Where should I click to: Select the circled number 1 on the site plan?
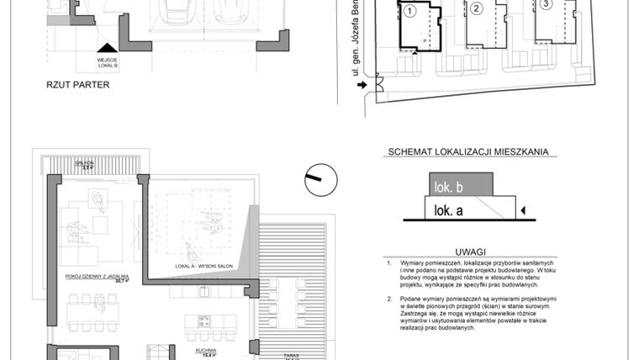(x=409, y=11)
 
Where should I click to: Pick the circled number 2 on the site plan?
(x=476, y=9)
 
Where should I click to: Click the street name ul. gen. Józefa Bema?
(x=357, y=50)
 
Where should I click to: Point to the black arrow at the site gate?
(x=362, y=84)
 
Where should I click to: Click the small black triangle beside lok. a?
(x=524, y=210)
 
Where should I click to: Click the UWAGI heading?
(x=470, y=251)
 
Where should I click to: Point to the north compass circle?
(x=320, y=178)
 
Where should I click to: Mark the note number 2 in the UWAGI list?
(x=389, y=299)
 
